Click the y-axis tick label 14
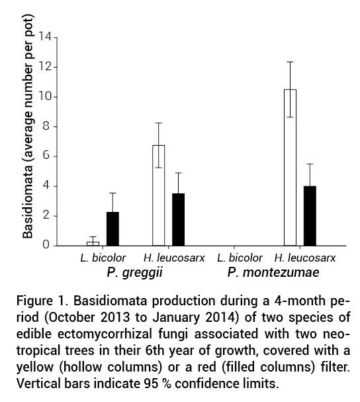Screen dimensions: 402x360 point(44,37)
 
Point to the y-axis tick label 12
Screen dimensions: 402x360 point(44,67)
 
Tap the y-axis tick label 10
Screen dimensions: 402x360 point(44,97)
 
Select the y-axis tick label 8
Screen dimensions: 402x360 point(47,126)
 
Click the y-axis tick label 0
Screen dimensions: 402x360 point(47,245)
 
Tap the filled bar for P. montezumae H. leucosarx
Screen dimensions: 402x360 point(310,216)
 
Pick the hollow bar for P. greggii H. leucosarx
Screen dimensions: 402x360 point(159,195)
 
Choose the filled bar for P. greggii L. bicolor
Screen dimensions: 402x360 point(113,228)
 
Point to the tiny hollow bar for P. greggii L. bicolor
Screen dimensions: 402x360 point(93,243)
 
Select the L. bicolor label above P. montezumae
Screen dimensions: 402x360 point(234,257)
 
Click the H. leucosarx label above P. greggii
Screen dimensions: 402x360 point(168,257)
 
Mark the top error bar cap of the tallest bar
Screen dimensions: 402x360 point(290,62)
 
